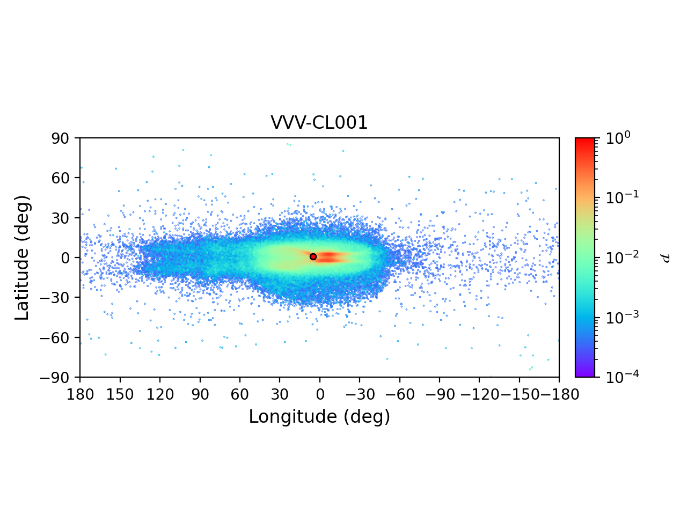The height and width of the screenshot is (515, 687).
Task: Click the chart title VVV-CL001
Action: click(319, 123)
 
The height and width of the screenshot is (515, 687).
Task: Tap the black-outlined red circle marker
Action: click(313, 256)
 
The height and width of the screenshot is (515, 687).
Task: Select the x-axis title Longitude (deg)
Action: click(319, 417)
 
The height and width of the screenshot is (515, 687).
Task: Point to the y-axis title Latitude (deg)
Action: click(23, 257)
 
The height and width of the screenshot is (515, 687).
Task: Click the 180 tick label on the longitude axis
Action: click(81, 395)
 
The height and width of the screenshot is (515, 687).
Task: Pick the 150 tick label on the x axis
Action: click(120, 395)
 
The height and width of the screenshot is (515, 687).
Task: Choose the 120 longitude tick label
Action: click(160, 395)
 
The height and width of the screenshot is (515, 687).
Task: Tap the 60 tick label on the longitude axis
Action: click(240, 395)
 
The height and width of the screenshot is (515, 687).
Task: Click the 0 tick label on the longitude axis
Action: click(320, 395)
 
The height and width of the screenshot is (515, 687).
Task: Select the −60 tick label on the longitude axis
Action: click(399, 395)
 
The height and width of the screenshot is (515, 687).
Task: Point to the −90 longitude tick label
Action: click(439, 395)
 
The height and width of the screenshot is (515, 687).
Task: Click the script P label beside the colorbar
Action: click(666, 257)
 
